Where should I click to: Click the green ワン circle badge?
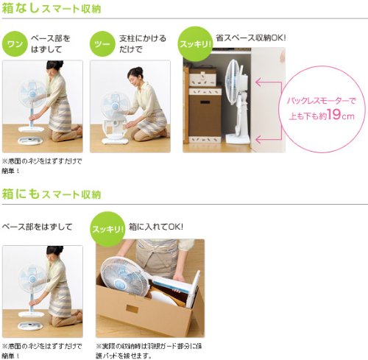pyautogui.click(x=15, y=44)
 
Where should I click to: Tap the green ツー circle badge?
pyautogui.click(x=102, y=44)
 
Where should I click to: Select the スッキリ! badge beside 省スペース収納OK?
pyautogui.click(x=196, y=44)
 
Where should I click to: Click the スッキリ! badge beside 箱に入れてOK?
pyautogui.click(x=107, y=229)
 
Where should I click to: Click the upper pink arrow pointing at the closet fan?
pyautogui.click(x=268, y=82)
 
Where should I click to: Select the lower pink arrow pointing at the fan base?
pyautogui.click(x=268, y=140)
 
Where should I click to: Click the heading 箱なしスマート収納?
pyautogui.click(x=52, y=8)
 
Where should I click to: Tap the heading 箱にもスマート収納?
pyautogui.click(x=52, y=194)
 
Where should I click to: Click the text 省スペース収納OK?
pyautogui.click(x=251, y=38)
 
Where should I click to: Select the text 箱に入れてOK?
pyautogui.click(x=156, y=227)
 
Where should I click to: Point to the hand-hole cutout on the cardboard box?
pyautogui.click(x=132, y=308)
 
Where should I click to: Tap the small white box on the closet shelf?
pyautogui.click(x=202, y=77)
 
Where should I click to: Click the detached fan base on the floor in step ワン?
pyautogui.click(x=30, y=141)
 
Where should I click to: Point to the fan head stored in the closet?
pyautogui.click(x=233, y=82)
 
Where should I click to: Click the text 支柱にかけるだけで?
pyautogui.click(x=143, y=44)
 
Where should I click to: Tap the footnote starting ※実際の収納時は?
pyautogui.click(x=149, y=350)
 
